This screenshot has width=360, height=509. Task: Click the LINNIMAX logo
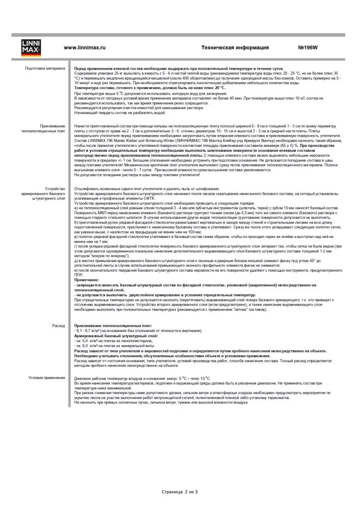[31, 48]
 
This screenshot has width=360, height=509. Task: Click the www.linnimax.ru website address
[84, 48]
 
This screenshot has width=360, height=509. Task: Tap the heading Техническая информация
[235, 48]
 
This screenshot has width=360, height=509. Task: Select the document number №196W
[308, 48]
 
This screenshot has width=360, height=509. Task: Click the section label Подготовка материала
[45, 68]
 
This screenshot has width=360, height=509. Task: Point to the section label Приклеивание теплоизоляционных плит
[43, 128]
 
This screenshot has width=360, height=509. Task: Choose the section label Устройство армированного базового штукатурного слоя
[43, 194]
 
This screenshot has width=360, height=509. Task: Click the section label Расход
[59, 326]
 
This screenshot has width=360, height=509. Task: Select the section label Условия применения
[47, 378]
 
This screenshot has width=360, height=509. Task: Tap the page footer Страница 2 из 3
[179, 492]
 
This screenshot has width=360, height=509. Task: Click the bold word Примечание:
[87, 280]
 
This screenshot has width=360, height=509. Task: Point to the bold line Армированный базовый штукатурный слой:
[116, 336]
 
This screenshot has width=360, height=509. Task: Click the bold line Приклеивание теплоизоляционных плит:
[113, 326]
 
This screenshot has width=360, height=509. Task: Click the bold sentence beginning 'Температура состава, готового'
[150, 88]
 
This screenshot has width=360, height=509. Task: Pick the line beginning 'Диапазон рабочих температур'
[142, 379]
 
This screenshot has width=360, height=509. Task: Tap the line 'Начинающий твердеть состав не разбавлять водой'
[120, 113]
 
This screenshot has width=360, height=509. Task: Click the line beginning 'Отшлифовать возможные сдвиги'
[147, 189]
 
